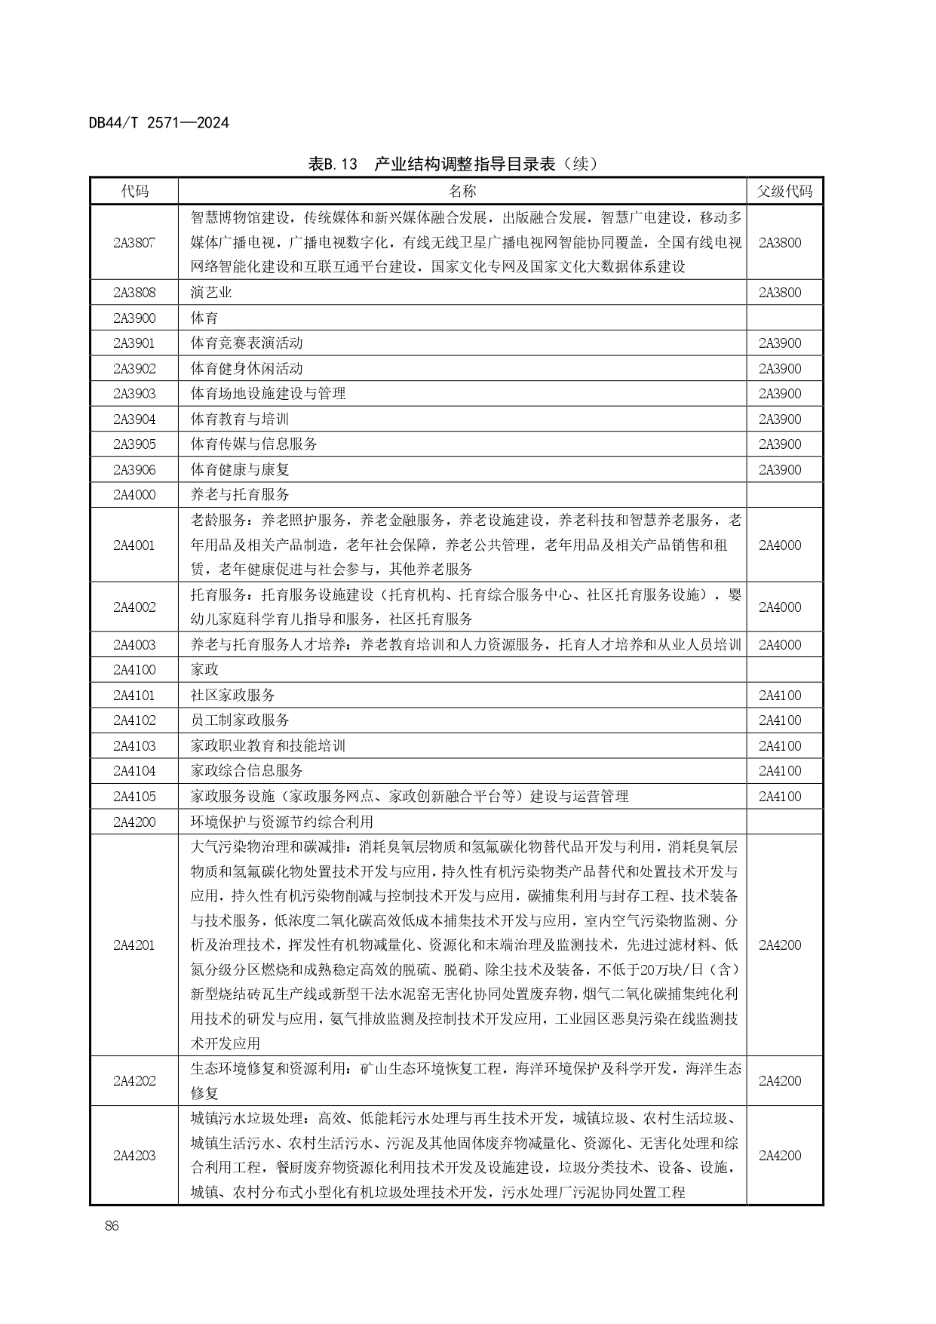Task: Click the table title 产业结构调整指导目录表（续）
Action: (453, 164)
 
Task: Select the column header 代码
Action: (135, 191)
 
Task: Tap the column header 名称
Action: (462, 191)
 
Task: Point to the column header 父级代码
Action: (784, 191)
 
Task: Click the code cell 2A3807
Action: (134, 242)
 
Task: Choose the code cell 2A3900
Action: (134, 318)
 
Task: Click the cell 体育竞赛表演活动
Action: (247, 343)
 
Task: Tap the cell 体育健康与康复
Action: (240, 469)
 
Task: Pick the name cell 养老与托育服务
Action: (240, 495)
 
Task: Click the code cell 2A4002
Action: (134, 607)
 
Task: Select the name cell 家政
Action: (204, 670)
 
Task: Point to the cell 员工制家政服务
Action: (240, 720)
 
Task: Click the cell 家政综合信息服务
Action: (247, 771)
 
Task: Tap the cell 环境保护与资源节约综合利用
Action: (282, 822)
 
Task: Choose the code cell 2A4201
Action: (134, 945)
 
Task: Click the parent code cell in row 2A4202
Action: (780, 1081)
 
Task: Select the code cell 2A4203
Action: (134, 1155)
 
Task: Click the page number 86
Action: (112, 1226)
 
